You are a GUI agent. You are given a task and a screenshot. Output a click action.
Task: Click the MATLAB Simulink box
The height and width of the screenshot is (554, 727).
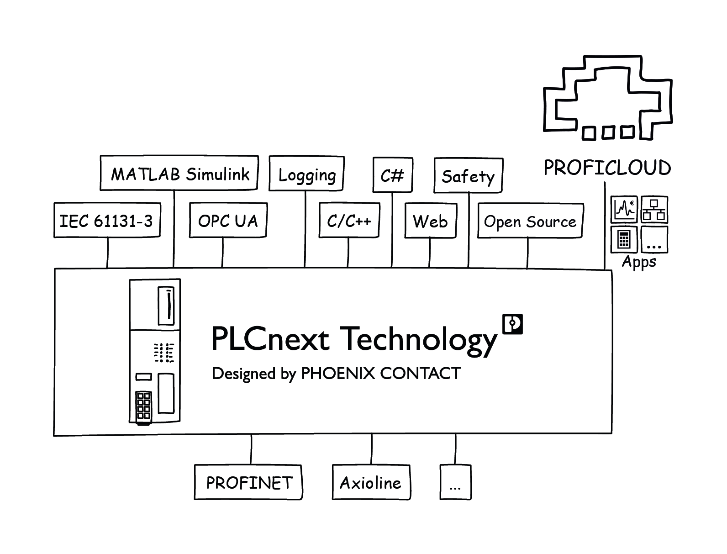(179, 174)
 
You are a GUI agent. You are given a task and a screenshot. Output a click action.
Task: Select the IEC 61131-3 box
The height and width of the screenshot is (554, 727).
(107, 221)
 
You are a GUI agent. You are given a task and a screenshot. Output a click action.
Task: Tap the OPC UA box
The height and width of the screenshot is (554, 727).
(228, 221)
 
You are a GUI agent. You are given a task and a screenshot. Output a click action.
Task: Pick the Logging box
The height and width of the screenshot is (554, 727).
(306, 174)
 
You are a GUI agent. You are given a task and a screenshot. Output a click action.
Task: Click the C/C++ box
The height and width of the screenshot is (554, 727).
(349, 221)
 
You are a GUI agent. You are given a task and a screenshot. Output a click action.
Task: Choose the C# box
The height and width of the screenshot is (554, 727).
(393, 175)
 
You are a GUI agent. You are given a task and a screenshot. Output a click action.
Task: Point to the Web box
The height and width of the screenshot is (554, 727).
(431, 222)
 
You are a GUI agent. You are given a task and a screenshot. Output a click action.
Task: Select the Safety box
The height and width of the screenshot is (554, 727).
(468, 176)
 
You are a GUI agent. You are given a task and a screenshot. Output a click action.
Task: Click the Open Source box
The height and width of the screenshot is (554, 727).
(530, 222)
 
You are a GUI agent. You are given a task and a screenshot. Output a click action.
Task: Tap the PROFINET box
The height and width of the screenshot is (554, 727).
(248, 483)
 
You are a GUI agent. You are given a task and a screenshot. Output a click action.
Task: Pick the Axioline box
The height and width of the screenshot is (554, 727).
(371, 483)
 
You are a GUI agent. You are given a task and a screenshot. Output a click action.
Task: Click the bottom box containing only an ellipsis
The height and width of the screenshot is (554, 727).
(455, 483)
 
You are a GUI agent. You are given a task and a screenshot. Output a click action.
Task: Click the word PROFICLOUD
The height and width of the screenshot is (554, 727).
(607, 168)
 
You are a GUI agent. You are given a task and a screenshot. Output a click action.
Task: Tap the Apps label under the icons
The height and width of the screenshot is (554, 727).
(639, 262)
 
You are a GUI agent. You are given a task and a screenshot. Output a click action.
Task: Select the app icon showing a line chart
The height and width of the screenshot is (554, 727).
(624, 209)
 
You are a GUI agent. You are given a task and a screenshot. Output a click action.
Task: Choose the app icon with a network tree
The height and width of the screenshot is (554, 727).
(654, 209)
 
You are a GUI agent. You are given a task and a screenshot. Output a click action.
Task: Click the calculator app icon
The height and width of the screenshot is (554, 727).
(624, 239)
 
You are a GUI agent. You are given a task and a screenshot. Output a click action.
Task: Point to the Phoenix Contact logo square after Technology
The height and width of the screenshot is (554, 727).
(512, 324)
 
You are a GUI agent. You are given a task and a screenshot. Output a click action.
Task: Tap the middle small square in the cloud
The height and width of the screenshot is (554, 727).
(608, 133)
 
